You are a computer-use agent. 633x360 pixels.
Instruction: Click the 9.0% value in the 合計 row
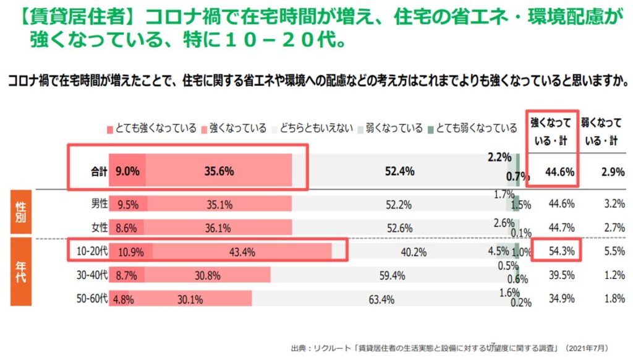point(127,171)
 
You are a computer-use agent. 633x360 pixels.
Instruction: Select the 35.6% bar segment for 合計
point(219,171)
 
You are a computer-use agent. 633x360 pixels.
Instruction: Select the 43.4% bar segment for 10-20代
point(242,252)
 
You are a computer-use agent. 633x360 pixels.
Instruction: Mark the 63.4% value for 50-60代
point(381,299)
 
